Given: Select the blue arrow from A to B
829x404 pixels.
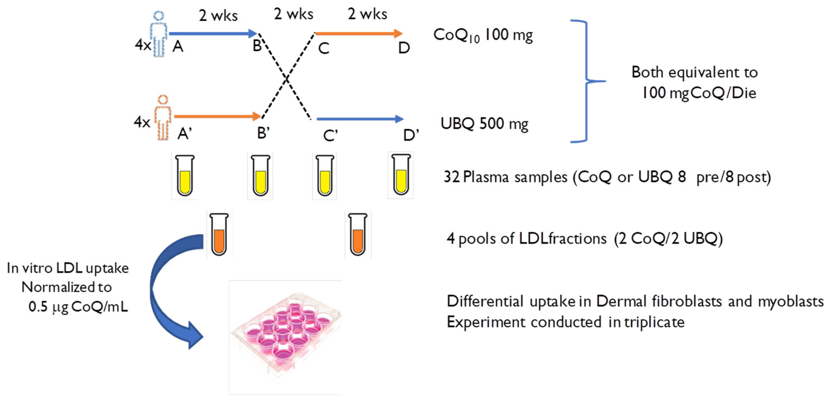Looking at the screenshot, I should (212, 33).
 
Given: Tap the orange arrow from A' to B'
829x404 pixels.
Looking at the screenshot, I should (217, 116).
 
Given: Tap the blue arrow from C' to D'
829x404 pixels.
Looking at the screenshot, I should (360, 119).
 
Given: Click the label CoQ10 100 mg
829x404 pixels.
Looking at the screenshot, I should (483, 35).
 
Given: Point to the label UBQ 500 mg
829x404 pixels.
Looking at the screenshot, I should (484, 124).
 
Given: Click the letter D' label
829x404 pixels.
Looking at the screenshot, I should (411, 135).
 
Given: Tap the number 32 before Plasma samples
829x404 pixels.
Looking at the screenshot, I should (451, 177).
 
